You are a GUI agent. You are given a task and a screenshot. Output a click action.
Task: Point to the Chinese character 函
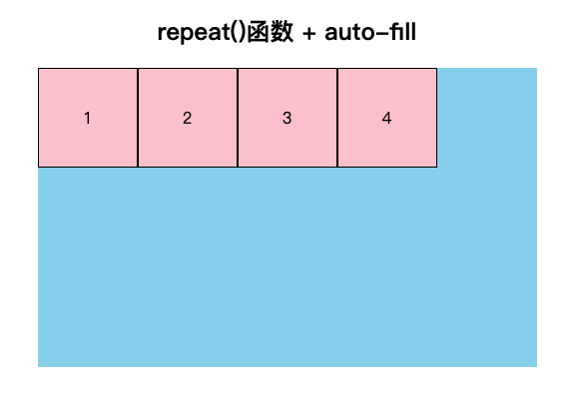[259, 32]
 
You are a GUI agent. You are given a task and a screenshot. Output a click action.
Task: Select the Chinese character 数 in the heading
[282, 32]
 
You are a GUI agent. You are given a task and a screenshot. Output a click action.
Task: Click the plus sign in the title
[308, 34]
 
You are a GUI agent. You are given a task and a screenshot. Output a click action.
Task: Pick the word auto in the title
[349, 33]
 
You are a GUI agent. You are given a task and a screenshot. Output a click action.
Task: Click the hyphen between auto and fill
[381, 34]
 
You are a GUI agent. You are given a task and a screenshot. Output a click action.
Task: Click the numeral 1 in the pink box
[87, 118]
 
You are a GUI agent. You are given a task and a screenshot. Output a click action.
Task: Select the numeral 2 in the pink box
[187, 118]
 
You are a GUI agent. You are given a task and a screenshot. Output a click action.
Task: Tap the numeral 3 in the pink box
[288, 118]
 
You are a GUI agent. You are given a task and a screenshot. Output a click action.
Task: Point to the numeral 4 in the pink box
[387, 118]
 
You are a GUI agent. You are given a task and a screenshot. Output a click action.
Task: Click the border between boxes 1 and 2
[138, 118]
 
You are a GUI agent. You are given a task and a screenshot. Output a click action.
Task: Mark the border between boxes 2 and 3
[238, 118]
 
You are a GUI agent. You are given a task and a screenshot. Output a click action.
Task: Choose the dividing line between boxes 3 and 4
[337, 118]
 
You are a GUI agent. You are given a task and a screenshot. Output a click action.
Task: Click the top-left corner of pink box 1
[39, 69]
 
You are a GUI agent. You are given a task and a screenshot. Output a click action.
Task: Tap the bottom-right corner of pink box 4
[437, 167]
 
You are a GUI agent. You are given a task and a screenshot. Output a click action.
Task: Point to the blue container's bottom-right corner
[537, 367]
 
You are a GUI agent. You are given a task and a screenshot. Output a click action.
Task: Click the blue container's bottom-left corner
[38, 367]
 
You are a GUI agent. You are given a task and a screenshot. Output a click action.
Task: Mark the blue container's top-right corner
[537, 68]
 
